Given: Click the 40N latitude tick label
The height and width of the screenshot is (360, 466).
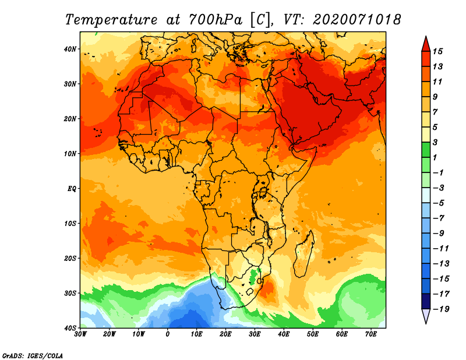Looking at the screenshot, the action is tap(70, 49).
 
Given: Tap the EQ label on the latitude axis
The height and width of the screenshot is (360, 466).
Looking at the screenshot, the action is tap(72, 189).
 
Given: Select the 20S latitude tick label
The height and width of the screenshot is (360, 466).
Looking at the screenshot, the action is tap(70, 258).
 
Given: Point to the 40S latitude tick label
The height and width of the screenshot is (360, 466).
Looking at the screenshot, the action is tap(70, 328).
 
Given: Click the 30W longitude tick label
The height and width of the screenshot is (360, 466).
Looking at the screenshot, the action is tap(80, 334).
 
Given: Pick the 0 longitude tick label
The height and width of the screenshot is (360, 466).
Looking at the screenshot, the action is tap(168, 334).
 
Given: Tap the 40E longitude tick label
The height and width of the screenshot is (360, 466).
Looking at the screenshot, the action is tap(284, 334).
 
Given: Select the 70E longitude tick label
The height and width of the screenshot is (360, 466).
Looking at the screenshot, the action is tap(371, 334).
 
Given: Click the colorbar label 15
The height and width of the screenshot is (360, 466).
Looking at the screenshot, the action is tap(437, 51).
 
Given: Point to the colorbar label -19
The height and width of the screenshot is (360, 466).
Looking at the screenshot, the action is tap(441, 309).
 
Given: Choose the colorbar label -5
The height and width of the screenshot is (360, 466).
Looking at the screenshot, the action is tap(439, 203).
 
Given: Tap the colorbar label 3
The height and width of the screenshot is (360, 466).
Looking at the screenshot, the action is tap(435, 142).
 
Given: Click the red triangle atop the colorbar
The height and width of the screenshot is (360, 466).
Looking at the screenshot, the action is tap(426, 45).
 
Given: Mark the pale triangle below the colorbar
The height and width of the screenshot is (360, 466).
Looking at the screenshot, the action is tap(426, 315).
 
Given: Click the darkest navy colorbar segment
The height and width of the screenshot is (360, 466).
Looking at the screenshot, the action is tap(426, 301).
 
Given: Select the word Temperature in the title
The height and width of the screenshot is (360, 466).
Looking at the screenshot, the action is tap(111, 20).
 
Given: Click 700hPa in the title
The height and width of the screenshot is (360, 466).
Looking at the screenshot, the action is tap(215, 20).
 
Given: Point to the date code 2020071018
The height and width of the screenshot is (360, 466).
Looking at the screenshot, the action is tap(357, 20).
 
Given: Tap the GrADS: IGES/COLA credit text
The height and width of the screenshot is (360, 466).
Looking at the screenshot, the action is tap(33, 355).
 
